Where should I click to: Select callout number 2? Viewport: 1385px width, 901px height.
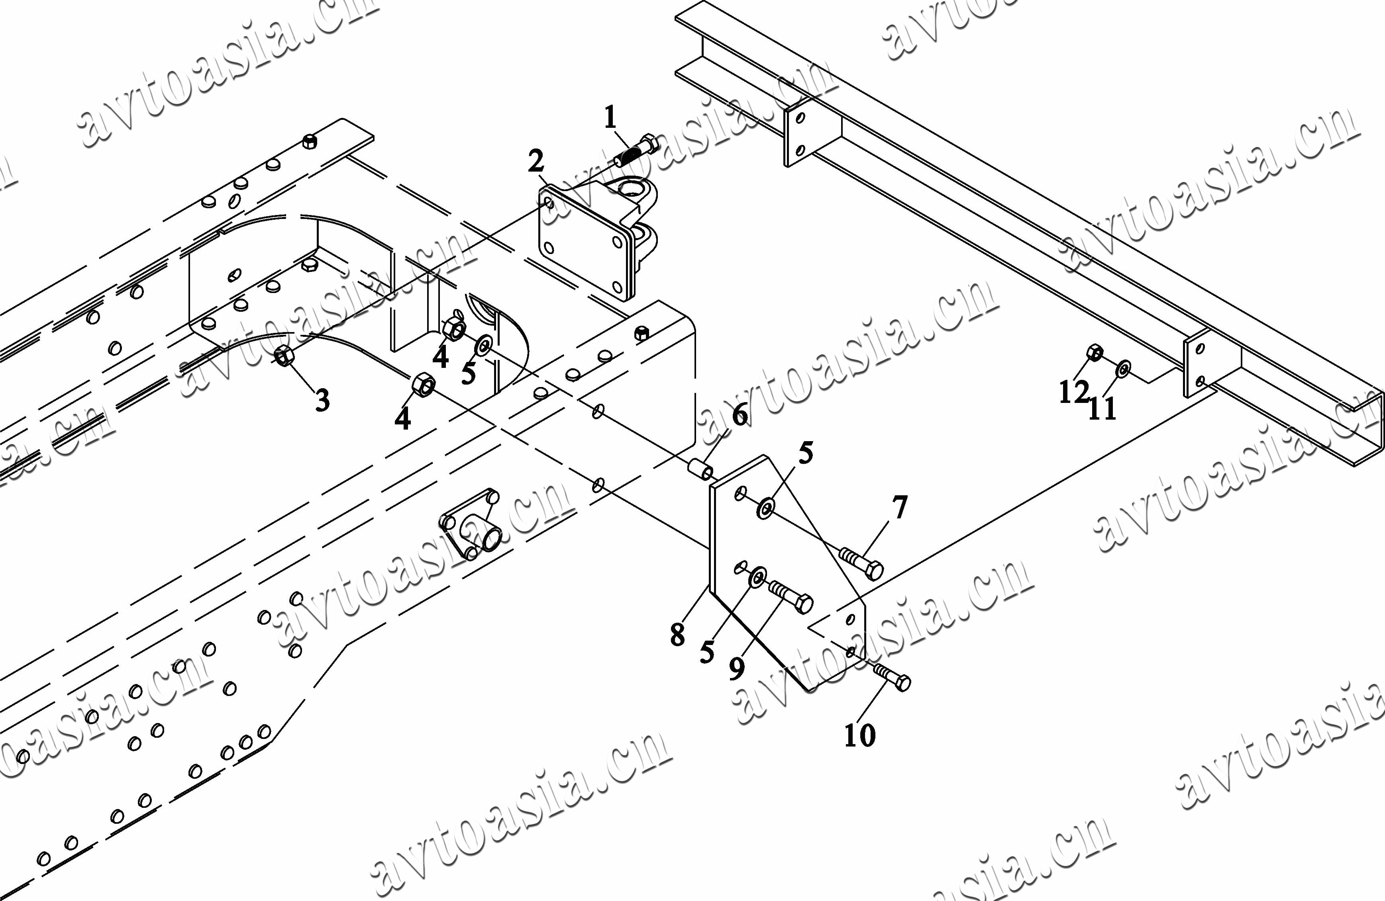(x=536, y=161)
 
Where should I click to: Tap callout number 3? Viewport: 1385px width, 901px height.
(x=322, y=401)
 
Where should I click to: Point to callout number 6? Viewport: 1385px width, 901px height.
(x=740, y=415)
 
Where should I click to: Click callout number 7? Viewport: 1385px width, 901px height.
(x=900, y=507)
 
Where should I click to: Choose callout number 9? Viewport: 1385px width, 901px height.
(x=737, y=669)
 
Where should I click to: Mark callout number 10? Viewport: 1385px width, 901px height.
(x=859, y=735)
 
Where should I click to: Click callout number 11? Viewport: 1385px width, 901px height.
(x=1102, y=408)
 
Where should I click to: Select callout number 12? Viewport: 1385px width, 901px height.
(x=1073, y=392)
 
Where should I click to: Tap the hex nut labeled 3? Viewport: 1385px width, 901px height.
(x=283, y=356)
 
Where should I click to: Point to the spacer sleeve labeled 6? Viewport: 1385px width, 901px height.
(x=700, y=469)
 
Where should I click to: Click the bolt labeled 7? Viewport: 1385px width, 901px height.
(x=861, y=561)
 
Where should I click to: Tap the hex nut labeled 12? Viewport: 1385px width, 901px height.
(x=1095, y=352)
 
